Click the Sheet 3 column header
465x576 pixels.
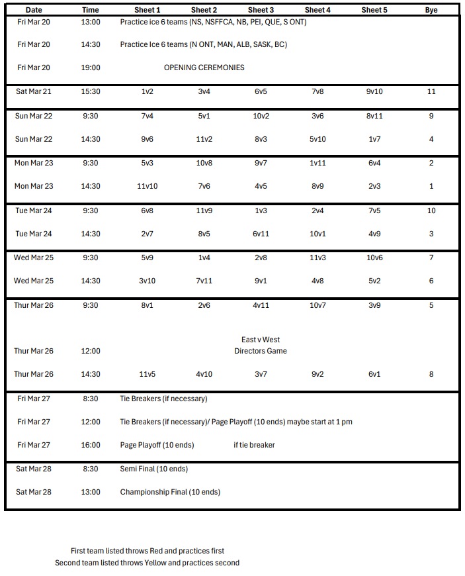(x=261, y=10)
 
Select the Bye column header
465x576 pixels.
(x=431, y=10)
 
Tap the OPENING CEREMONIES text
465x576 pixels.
(x=204, y=68)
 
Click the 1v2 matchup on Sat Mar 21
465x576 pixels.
(x=147, y=91)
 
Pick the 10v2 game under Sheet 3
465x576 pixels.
(x=261, y=116)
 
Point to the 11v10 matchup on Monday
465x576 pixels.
(x=147, y=186)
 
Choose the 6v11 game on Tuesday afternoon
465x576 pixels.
(x=261, y=234)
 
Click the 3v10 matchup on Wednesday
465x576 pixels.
(x=147, y=281)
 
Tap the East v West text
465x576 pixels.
(x=261, y=340)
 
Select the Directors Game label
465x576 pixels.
(x=261, y=351)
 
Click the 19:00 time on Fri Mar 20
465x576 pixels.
(x=91, y=68)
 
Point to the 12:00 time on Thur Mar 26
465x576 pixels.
(x=91, y=351)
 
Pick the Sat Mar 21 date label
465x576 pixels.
(x=34, y=91)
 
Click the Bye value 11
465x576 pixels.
(x=431, y=91)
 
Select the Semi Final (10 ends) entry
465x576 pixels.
(x=154, y=469)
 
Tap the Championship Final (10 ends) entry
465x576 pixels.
(x=170, y=492)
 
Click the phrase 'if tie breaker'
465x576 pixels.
(x=254, y=445)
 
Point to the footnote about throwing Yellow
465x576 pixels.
(x=147, y=563)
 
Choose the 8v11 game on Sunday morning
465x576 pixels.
(x=374, y=116)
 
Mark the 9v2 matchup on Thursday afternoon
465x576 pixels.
(x=317, y=374)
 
